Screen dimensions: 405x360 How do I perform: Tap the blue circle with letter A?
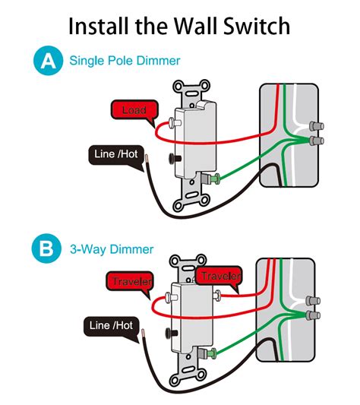[x=47, y=61]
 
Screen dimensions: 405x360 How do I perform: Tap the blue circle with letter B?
[x=47, y=249]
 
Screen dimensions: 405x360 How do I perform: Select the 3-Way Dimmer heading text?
[x=112, y=249]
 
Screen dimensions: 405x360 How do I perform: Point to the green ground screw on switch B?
[x=212, y=352]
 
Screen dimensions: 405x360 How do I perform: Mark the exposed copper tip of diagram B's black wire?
[x=142, y=332]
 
